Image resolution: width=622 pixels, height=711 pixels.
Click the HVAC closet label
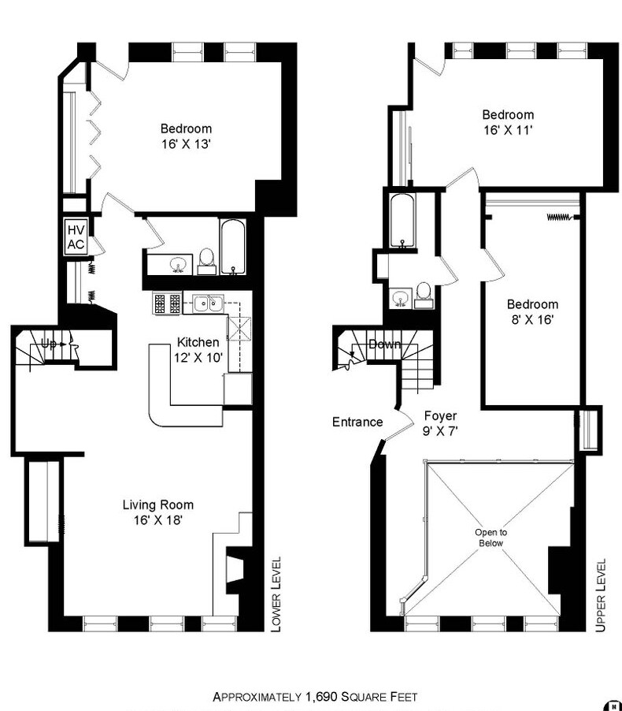click(x=76, y=236)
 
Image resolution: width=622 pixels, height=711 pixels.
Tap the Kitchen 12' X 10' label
click(x=198, y=350)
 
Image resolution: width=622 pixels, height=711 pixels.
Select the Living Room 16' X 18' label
click(x=157, y=512)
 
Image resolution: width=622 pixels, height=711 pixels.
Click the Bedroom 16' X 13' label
click(x=186, y=136)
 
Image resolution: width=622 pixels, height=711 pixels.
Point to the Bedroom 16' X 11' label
click(x=508, y=121)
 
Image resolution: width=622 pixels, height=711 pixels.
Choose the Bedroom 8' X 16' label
click(x=532, y=312)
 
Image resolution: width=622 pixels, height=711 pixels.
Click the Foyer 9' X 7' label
click(x=440, y=423)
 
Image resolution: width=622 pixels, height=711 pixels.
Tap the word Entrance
click(x=357, y=422)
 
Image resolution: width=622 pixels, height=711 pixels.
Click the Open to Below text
click(x=491, y=538)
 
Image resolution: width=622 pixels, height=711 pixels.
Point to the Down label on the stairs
click(x=385, y=344)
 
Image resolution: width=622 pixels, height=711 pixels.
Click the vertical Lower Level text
click(x=276, y=594)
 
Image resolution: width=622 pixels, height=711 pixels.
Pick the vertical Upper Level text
click(x=601, y=595)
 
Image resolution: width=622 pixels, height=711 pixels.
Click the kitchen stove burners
click(x=167, y=303)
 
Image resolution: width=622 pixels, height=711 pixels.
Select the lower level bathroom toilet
click(x=207, y=260)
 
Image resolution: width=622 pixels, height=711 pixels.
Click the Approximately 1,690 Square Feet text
click(x=315, y=697)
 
